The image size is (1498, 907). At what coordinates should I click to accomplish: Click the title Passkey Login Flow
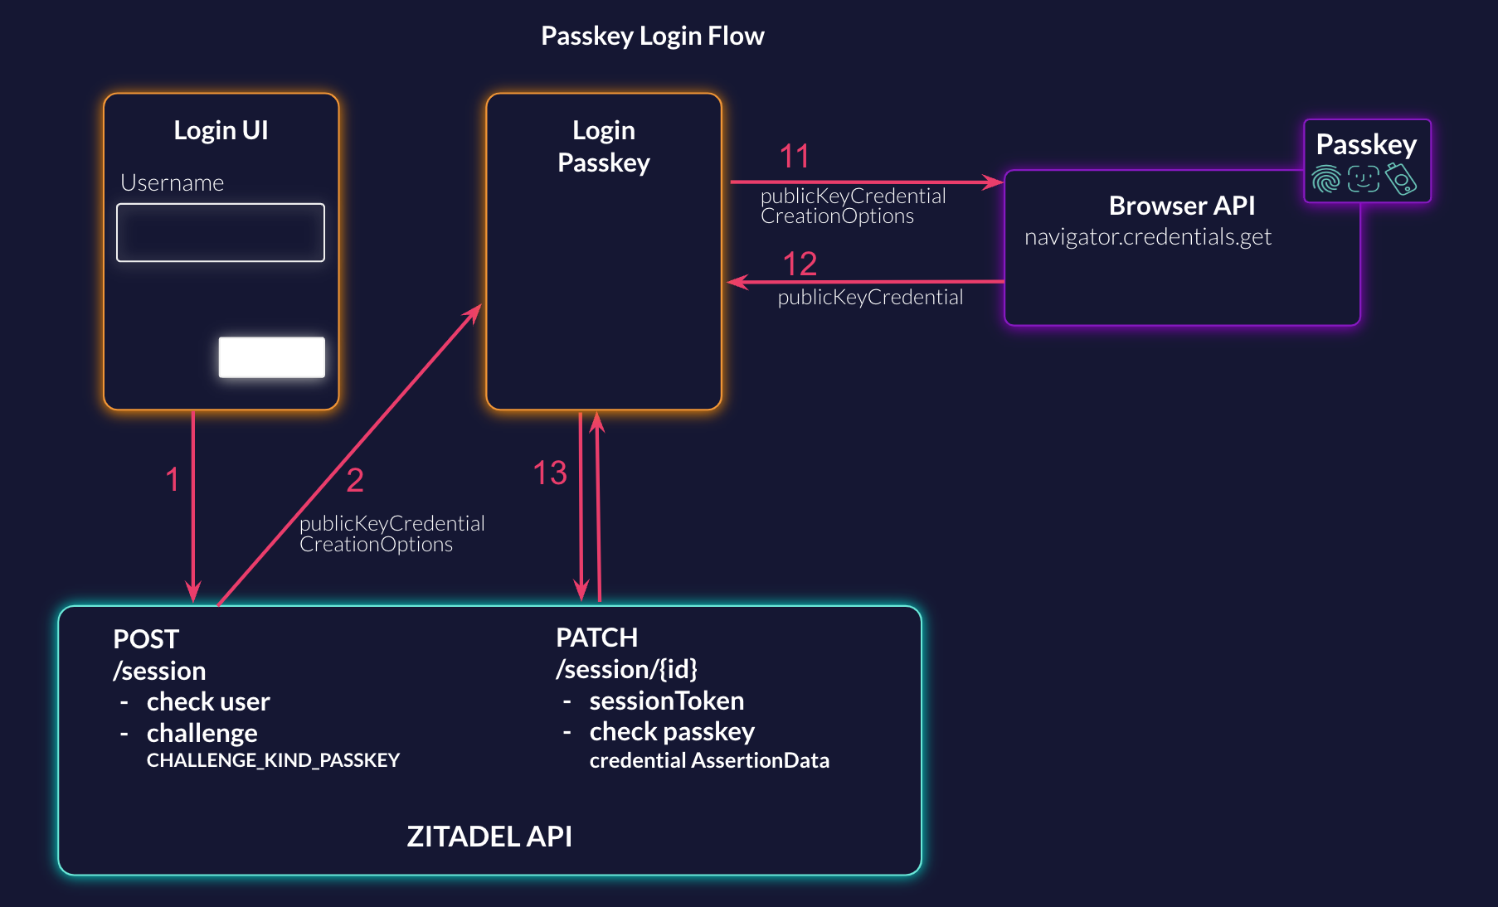(652, 36)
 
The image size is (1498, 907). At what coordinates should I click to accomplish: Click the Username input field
(221, 233)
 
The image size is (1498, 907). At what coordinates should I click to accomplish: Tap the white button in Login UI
(271, 357)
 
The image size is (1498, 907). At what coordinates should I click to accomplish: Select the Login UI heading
(221, 130)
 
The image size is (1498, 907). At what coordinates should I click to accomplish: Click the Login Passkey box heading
(603, 146)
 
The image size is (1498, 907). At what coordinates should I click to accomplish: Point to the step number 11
(794, 157)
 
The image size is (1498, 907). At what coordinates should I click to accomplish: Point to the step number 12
(800, 264)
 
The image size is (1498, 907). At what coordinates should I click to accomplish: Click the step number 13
(549, 473)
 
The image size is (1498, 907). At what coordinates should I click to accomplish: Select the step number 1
(173, 479)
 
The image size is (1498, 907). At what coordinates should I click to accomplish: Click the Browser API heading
(1181, 206)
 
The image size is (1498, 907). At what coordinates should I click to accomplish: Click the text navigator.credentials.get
(1147, 237)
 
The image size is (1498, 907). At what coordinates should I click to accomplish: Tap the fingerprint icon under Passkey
(1325, 179)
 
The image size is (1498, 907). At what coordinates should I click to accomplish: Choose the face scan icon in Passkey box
(1363, 179)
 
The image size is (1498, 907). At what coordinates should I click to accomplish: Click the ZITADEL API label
(489, 837)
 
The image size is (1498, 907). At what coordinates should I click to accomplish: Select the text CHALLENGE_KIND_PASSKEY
(273, 760)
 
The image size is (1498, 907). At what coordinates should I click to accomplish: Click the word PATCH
(596, 638)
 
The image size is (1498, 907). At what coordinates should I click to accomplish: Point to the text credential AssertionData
(709, 760)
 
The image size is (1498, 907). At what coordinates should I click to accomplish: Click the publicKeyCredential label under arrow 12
(870, 298)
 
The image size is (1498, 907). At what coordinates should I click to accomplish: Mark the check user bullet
(207, 702)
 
